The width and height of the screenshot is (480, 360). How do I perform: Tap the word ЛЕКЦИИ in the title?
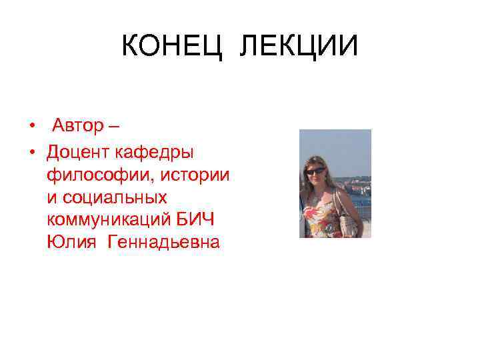coord(298,47)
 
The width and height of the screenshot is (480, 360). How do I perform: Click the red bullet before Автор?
coord(31,126)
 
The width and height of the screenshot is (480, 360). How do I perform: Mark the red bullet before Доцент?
coord(31,153)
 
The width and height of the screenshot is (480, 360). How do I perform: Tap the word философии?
coord(90,175)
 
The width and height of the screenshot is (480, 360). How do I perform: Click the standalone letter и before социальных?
coord(52,198)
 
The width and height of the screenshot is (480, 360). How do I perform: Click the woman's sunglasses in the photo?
coord(315,171)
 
